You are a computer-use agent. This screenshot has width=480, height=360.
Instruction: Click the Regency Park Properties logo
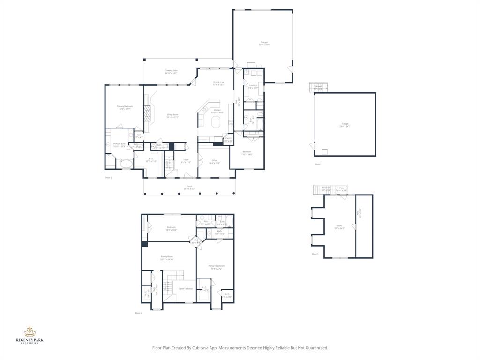[30, 334]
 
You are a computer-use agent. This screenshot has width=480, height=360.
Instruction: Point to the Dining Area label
[218, 82]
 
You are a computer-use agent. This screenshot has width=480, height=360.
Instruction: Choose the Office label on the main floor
[214, 161]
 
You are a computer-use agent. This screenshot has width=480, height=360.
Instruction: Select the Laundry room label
[253, 85]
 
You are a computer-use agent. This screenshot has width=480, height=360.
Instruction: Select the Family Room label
[167, 257]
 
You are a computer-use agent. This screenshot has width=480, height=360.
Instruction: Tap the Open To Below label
[186, 289]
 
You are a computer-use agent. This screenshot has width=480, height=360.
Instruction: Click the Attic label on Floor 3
[360, 212]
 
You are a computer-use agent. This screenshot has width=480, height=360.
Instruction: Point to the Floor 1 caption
[318, 164]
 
